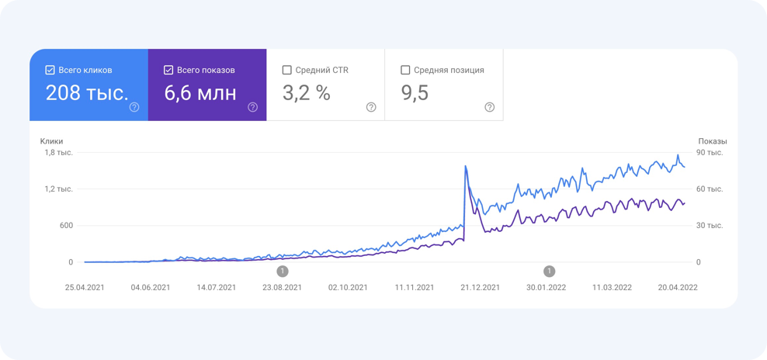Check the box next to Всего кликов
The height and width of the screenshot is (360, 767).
tap(50, 70)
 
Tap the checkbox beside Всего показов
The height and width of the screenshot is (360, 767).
tap(168, 70)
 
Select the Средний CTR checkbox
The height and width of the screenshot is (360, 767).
tap(287, 70)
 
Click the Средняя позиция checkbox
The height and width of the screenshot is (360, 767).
tap(405, 70)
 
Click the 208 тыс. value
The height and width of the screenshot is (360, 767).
tap(87, 93)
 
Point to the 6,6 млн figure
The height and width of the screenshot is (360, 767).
tap(200, 93)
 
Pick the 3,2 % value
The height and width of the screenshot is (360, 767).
tap(306, 93)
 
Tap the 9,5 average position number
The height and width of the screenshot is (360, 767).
tap(415, 93)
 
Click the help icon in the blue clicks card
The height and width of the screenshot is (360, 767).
tap(134, 107)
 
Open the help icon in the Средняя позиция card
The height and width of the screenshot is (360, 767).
tap(489, 107)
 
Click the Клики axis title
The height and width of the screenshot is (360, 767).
tap(52, 141)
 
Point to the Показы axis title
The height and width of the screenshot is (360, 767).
tap(713, 141)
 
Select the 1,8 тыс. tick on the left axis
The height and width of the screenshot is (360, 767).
tap(58, 152)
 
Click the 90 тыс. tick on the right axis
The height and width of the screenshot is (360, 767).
tap(710, 152)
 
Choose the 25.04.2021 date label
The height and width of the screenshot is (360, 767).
tap(85, 287)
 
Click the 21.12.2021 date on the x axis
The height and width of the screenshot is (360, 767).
tap(481, 287)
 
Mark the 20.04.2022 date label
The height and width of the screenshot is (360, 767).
tap(678, 287)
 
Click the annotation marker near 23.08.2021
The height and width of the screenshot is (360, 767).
tap(283, 271)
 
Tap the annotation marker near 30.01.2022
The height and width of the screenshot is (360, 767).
tap(550, 271)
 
